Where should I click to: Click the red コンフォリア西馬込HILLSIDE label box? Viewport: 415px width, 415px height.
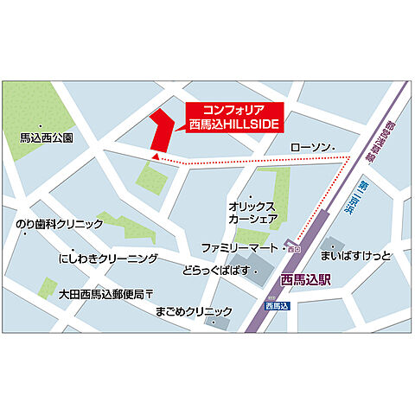click(x=237, y=117)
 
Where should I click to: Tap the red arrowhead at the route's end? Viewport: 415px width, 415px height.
click(x=155, y=157)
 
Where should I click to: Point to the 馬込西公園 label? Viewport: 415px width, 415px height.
click(x=46, y=137)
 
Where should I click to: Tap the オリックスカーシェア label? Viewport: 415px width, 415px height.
click(x=252, y=213)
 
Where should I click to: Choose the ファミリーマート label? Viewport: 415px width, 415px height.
click(x=239, y=247)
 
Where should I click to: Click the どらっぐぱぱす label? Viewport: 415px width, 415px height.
click(x=215, y=271)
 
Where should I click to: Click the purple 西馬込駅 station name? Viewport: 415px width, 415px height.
click(x=306, y=278)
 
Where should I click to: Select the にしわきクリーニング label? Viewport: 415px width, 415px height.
click(x=108, y=259)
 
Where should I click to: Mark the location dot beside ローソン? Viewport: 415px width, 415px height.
click(x=334, y=149)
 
